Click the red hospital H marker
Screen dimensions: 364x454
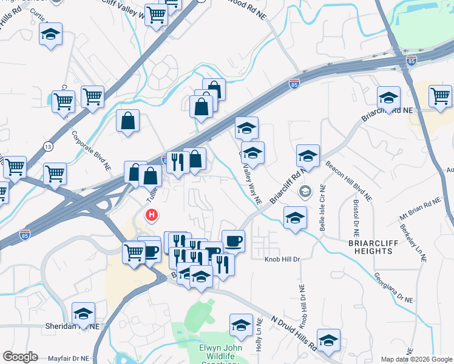[x=151, y=215]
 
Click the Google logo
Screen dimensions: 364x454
[x=20, y=357]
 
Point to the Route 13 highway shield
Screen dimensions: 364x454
[x=48, y=147]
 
